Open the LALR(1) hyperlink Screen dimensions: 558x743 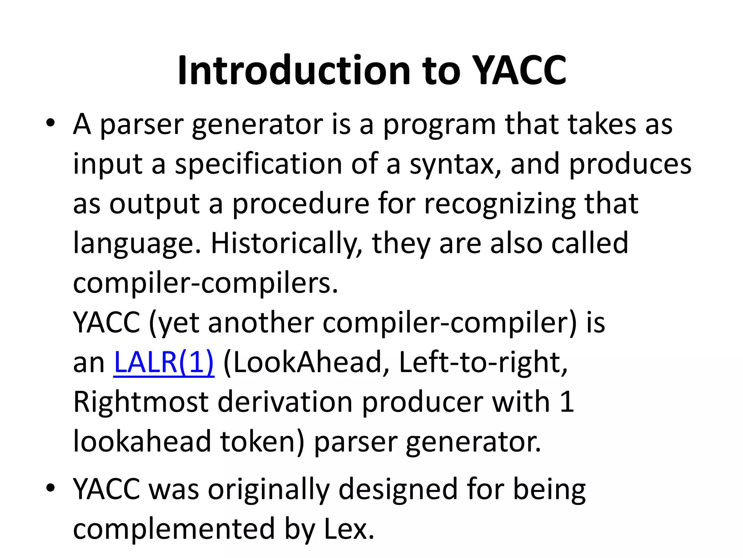[164, 362]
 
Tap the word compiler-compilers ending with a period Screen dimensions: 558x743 [205, 283]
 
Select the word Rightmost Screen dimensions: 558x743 [141, 402]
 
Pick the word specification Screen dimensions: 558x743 [258, 164]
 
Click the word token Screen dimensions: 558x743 [261, 441]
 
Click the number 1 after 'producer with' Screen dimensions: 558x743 [567, 402]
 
